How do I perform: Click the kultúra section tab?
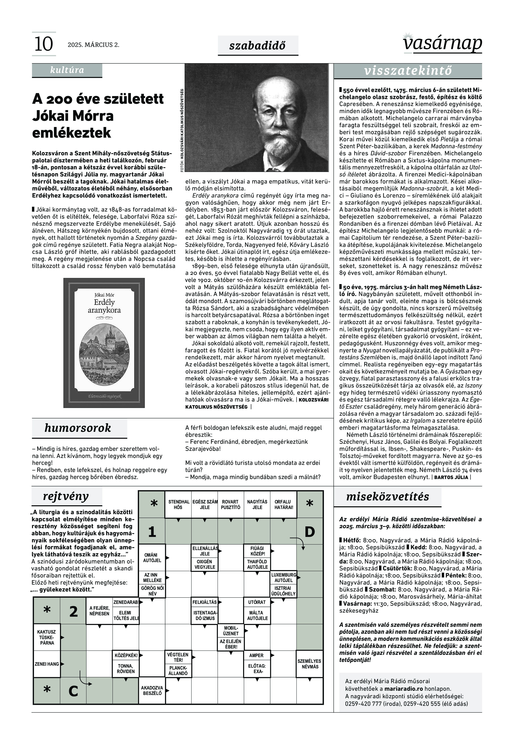point(67,70)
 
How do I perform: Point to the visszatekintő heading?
point(408,71)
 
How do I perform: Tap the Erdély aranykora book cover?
point(104,343)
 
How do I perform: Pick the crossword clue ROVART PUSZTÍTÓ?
point(230,505)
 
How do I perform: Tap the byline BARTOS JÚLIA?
point(451,477)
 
